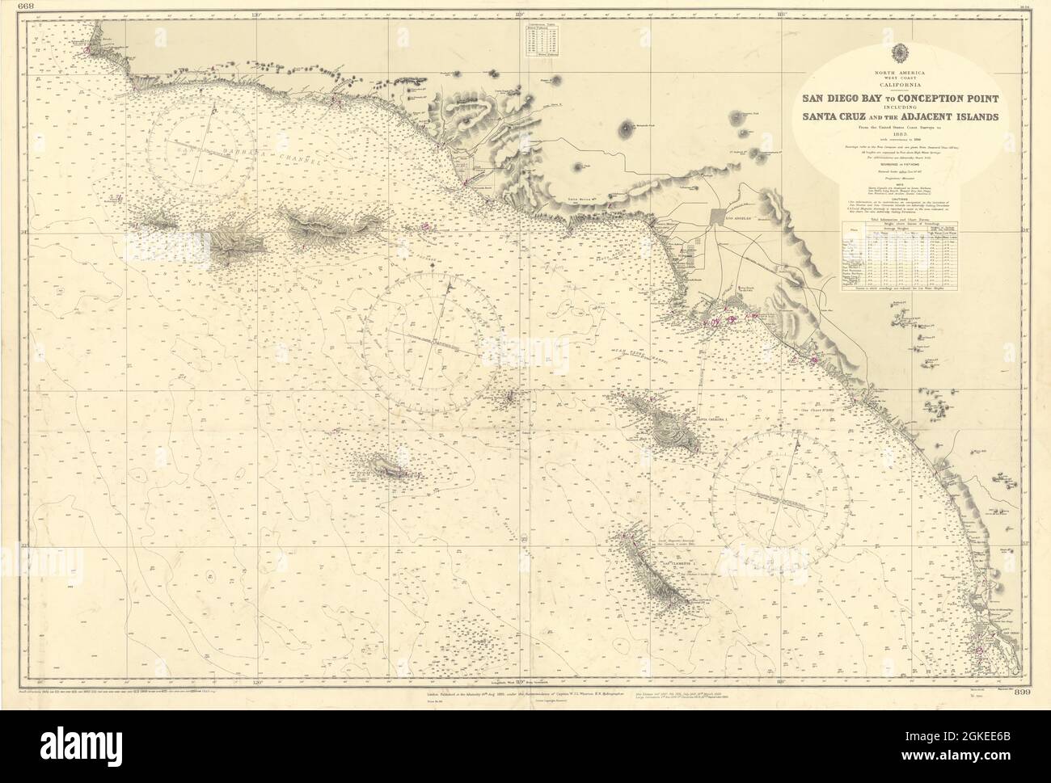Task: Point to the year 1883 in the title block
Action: pos(899,135)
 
